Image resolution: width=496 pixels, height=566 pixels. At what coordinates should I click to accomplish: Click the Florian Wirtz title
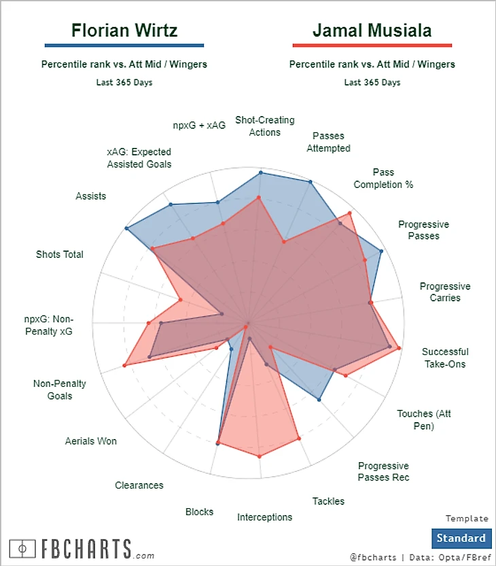click(x=124, y=31)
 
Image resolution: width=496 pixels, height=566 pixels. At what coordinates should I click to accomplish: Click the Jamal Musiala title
click(x=372, y=31)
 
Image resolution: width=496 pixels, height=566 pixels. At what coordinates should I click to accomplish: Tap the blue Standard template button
click(x=461, y=538)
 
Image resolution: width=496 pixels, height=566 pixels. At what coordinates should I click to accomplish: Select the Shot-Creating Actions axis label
click(x=265, y=126)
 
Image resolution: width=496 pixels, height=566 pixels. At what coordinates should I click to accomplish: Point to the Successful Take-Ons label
click(x=445, y=358)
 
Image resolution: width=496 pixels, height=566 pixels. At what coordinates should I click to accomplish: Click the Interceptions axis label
click(x=265, y=517)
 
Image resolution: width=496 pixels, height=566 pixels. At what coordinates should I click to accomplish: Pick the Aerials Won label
click(x=91, y=441)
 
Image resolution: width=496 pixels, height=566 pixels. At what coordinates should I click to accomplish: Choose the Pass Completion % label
click(x=383, y=178)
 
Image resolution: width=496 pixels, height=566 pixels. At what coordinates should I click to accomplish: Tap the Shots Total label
click(x=60, y=254)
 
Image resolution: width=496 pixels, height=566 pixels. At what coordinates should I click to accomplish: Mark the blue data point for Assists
click(x=126, y=229)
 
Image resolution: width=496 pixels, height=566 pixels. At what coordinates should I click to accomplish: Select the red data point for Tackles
click(x=298, y=440)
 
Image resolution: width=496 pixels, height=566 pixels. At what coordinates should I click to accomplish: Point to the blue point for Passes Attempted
click(x=311, y=182)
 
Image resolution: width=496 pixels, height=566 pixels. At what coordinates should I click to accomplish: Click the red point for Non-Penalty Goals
click(x=124, y=366)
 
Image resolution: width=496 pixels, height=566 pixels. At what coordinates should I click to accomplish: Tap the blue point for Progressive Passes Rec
click(x=319, y=400)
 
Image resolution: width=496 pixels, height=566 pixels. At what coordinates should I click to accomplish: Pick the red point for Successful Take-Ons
click(x=400, y=349)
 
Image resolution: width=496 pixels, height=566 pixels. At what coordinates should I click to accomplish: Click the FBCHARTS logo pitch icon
click(x=24, y=548)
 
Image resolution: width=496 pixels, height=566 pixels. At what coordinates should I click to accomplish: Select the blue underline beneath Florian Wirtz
click(x=124, y=45)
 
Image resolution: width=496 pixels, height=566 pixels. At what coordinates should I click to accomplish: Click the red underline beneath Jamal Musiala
click(x=372, y=45)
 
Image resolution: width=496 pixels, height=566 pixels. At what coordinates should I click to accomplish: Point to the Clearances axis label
click(x=139, y=485)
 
